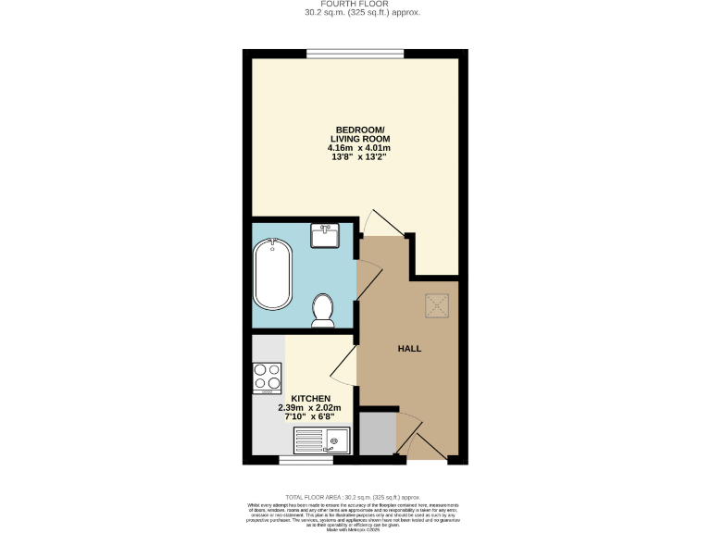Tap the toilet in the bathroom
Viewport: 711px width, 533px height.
(324, 311)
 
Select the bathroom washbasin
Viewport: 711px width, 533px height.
(326, 236)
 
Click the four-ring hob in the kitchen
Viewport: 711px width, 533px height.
(267, 377)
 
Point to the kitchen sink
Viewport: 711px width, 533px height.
(319, 441)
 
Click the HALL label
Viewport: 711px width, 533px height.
(409, 349)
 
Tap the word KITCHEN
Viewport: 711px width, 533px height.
(310, 398)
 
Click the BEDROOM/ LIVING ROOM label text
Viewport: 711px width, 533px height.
(359, 133)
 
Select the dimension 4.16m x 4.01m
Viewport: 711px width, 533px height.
(359, 148)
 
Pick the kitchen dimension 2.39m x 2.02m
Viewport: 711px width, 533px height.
(310, 408)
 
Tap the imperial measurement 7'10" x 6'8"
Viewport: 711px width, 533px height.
(310, 418)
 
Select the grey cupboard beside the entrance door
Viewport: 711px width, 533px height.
(377, 434)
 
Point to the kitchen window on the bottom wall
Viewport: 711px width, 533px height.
(305, 459)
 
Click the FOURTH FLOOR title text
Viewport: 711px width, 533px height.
(355, 4)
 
